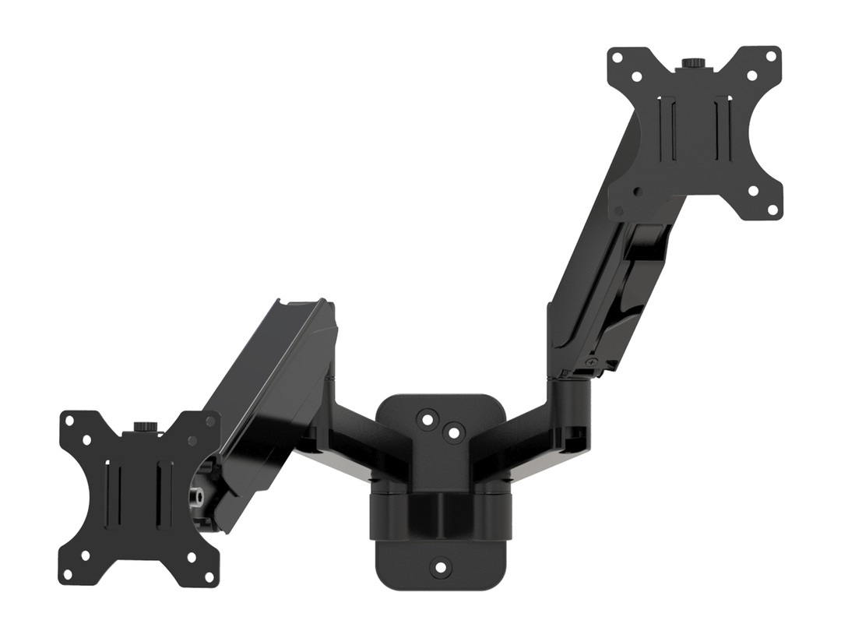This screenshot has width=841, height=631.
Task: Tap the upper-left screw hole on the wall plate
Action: [x=426, y=419]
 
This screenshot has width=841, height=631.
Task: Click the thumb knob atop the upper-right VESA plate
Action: [x=690, y=63]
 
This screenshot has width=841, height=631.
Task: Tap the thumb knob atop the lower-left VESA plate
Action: [x=145, y=428]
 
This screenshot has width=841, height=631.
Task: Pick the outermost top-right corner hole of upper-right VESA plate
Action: [x=771, y=57]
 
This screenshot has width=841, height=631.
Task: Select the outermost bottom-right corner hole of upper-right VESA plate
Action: [x=772, y=208]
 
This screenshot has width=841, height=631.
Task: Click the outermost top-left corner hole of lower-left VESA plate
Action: [x=69, y=421]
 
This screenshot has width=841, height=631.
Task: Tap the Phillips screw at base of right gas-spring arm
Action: [x=593, y=361]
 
